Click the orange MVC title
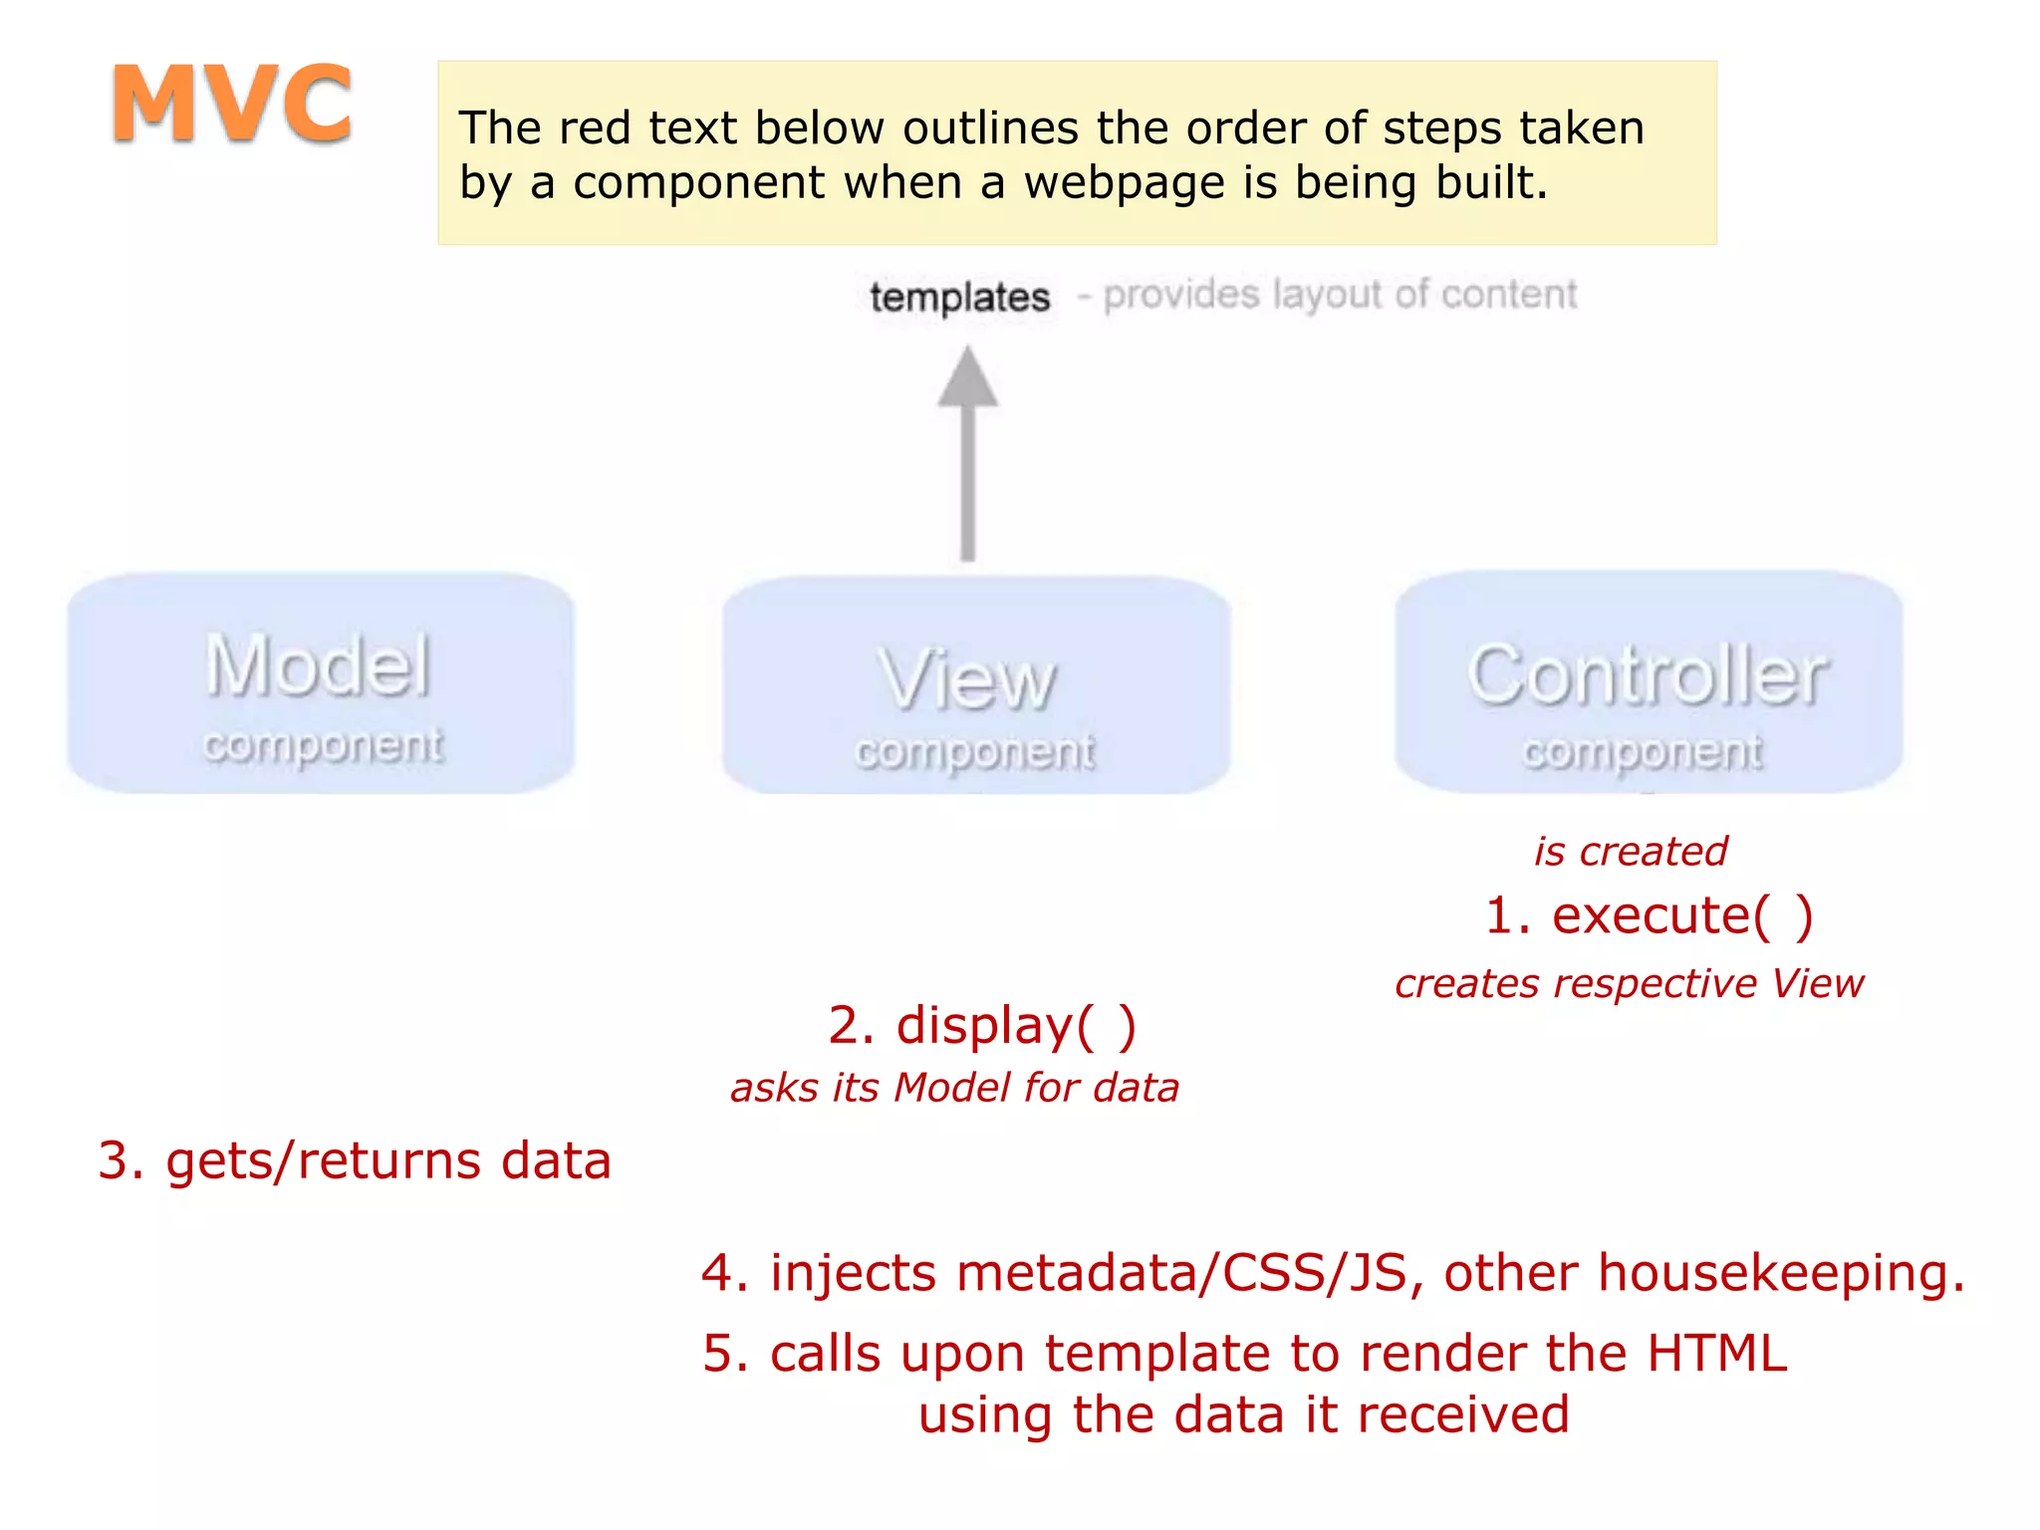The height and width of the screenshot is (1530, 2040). (x=231, y=104)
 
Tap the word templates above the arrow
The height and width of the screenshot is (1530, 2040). (x=959, y=298)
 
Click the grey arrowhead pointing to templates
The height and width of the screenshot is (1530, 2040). (x=967, y=379)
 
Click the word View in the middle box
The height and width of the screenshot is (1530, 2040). (x=967, y=680)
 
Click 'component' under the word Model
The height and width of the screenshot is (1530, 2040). (x=323, y=745)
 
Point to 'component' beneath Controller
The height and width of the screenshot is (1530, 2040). (x=1642, y=752)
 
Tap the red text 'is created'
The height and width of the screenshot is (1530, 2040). (x=1630, y=852)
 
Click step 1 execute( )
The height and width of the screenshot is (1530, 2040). (x=1649, y=915)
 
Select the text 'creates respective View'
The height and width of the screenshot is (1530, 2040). (x=1629, y=984)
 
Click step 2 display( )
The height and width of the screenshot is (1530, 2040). (x=981, y=1025)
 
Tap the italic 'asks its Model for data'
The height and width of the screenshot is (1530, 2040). (x=954, y=1088)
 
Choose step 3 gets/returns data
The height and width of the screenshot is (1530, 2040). (x=355, y=1161)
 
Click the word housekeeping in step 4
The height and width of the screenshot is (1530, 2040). (x=1781, y=1273)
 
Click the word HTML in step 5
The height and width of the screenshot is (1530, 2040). (x=1717, y=1354)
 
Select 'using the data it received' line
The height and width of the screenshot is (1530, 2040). (x=1243, y=1415)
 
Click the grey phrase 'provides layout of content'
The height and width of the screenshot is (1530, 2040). (x=1340, y=295)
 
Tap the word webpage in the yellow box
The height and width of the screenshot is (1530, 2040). (x=1124, y=183)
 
